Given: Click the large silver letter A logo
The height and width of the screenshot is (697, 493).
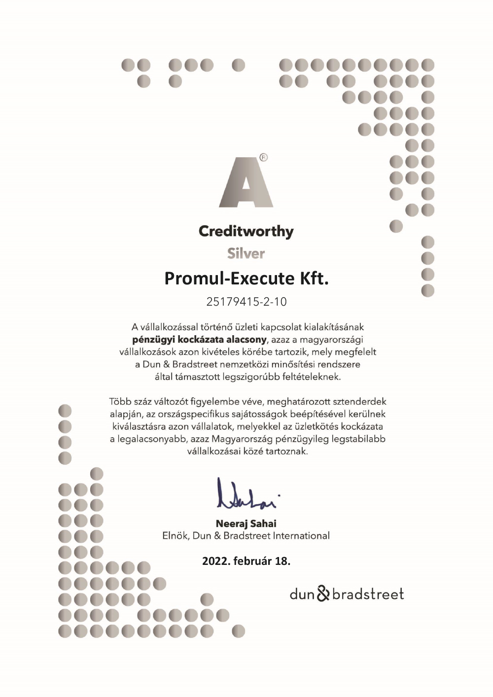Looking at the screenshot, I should pos(246,182).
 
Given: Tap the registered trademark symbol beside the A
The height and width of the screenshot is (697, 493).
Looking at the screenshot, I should pos(263,158).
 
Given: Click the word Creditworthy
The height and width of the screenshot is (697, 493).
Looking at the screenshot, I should pos(246,231).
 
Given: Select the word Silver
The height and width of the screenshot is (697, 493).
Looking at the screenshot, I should pos(246,253).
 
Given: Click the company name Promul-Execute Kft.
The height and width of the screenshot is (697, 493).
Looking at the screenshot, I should pos(246,279).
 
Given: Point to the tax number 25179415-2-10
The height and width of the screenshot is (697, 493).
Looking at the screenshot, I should pos(246,302).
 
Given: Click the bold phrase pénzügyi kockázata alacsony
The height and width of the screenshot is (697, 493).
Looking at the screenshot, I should pos(199,340).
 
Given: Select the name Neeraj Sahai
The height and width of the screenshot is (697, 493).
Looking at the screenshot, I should pos(246,523).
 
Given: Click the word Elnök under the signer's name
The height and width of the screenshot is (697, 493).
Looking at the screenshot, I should pos(175,536).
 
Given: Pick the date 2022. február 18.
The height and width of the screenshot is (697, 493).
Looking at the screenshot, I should pos(246,561).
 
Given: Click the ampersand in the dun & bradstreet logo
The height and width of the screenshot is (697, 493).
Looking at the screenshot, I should pos(323,593).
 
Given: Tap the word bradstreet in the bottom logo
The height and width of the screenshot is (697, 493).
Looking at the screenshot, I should pos(368,594).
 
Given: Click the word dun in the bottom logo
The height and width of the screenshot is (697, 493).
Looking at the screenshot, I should pos(302,594).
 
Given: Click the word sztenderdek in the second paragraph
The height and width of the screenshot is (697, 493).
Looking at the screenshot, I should pos(359,402).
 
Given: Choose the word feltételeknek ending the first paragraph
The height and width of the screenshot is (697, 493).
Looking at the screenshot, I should pos(310,377).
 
